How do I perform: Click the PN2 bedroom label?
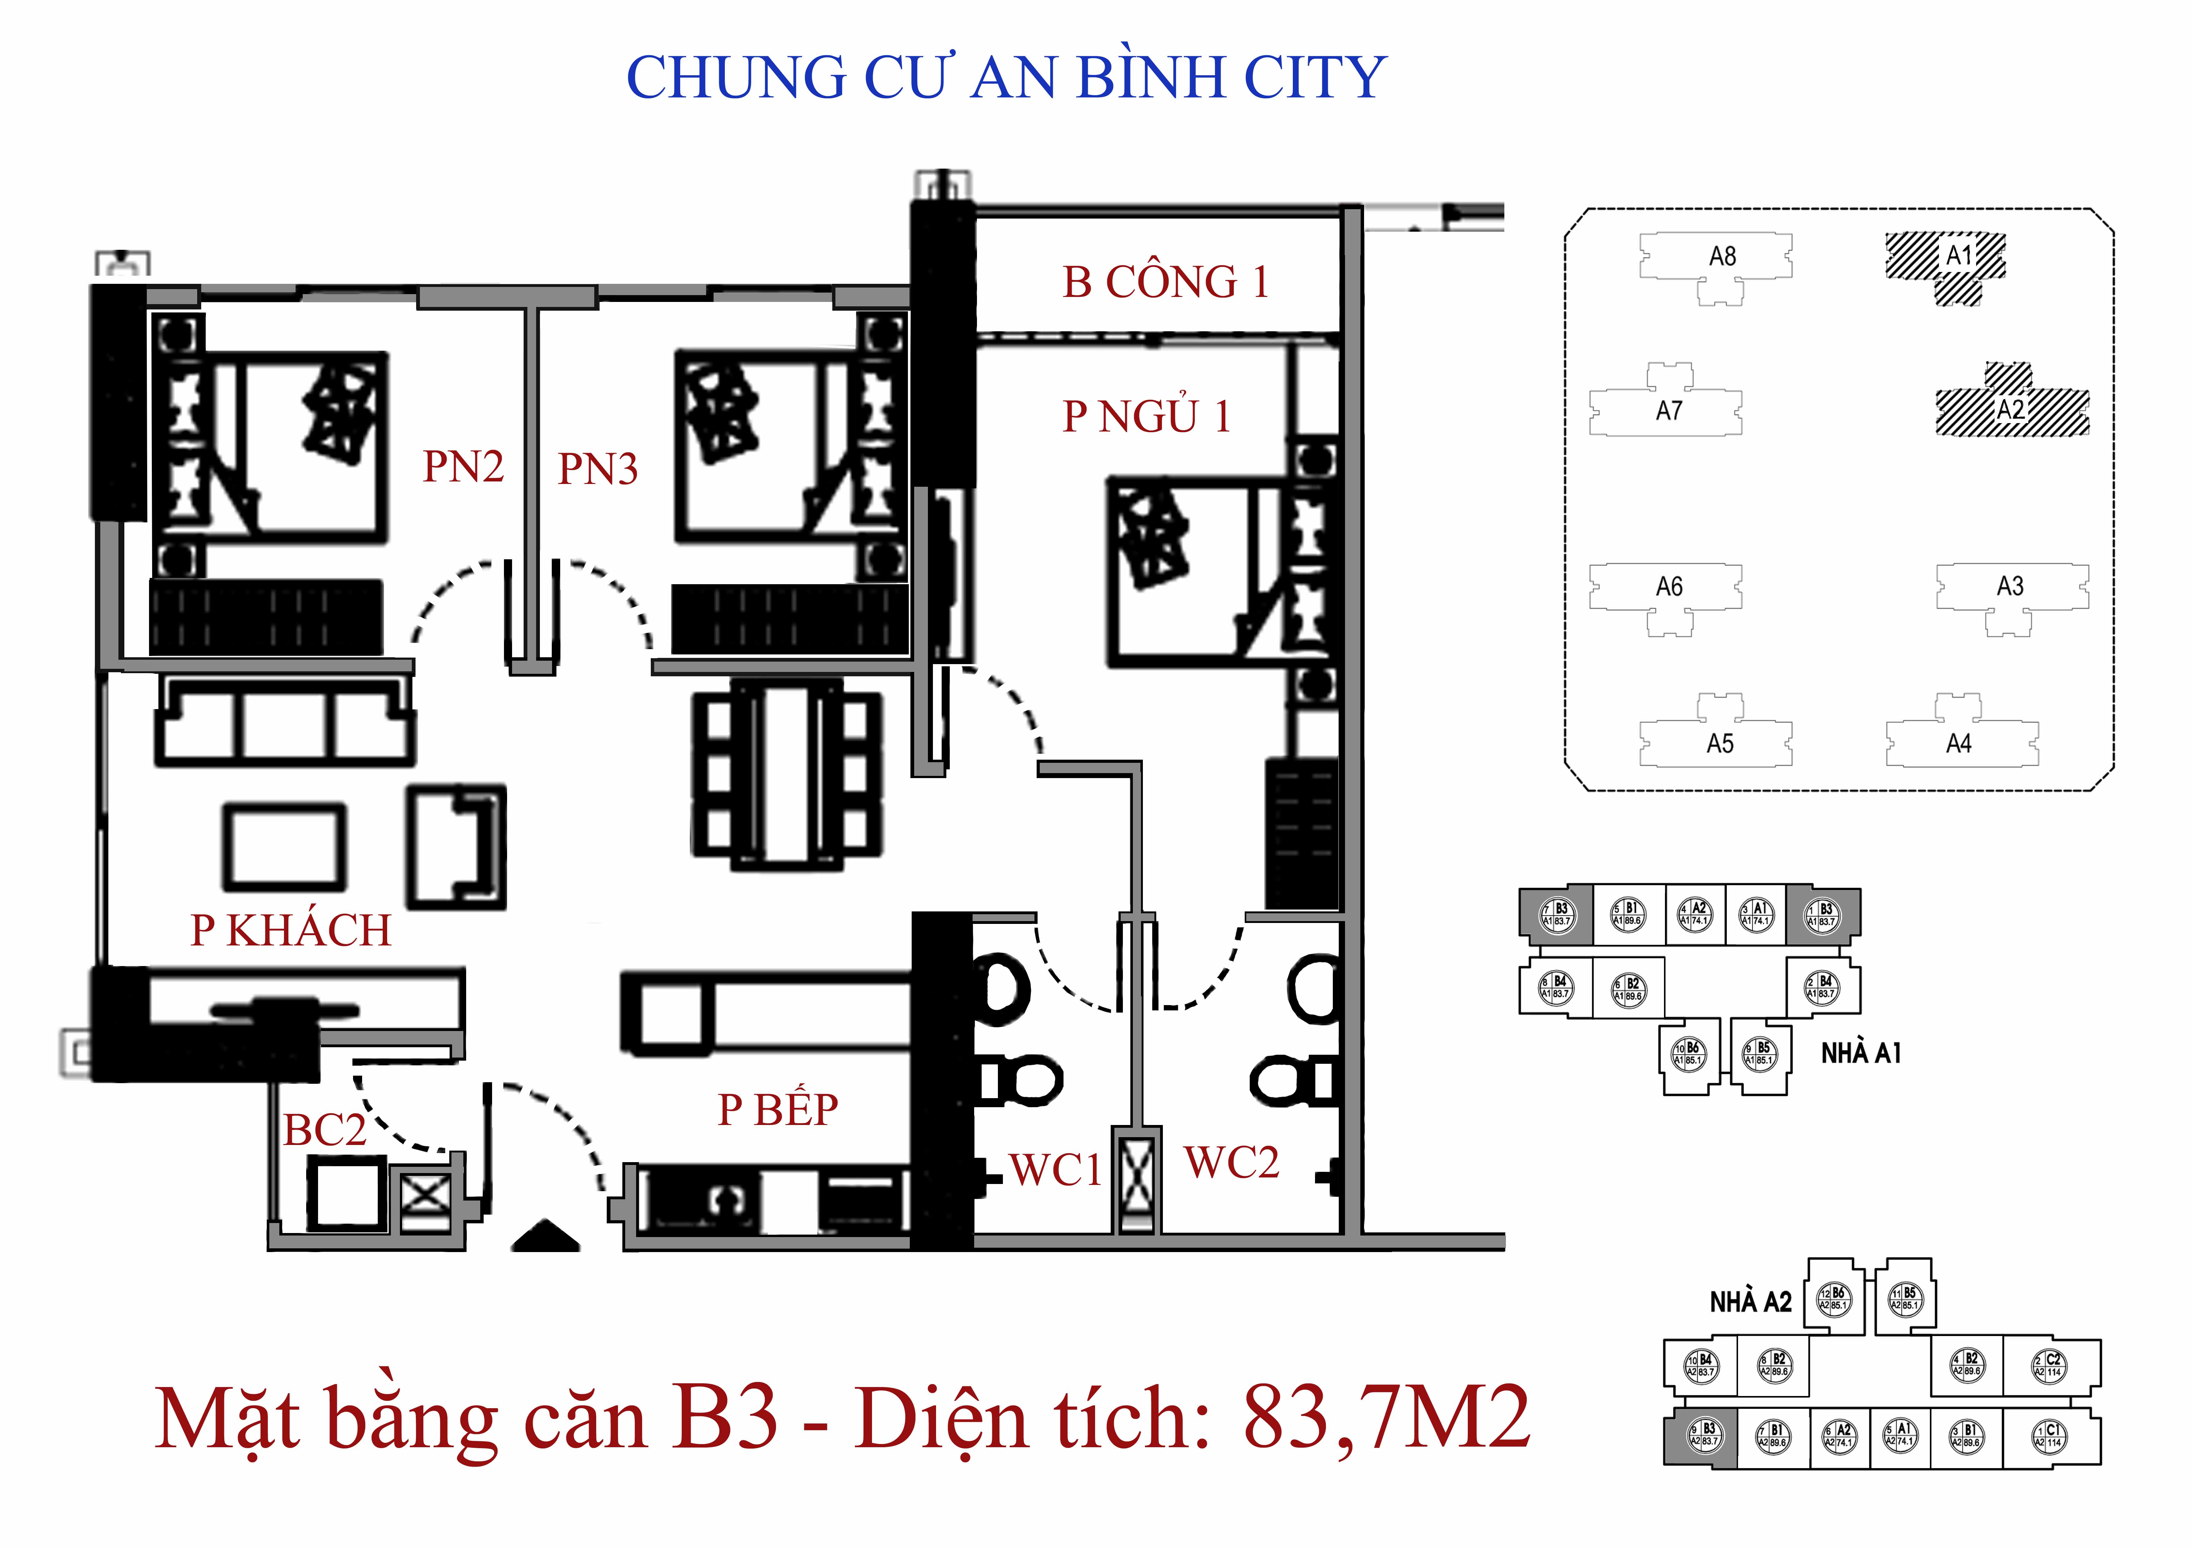[463, 467]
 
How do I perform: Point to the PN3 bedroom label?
[598, 469]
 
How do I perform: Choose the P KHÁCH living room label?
[291, 930]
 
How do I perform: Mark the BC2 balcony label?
[325, 1131]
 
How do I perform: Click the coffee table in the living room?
[285, 846]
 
